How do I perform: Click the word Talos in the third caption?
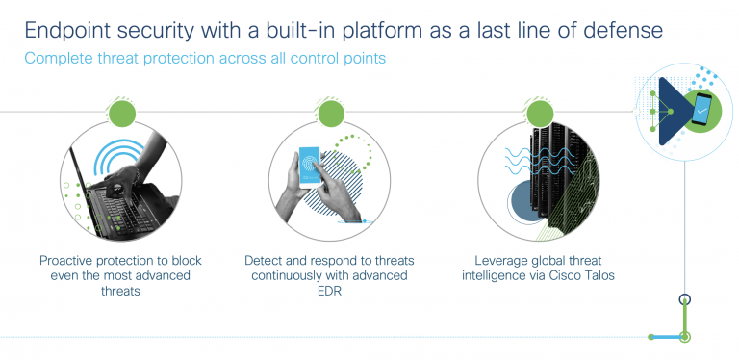[592, 275]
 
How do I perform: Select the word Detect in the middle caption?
[266, 260]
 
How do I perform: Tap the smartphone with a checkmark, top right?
[702, 111]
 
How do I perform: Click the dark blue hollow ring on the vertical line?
[684, 299]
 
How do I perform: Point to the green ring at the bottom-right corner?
[684, 337]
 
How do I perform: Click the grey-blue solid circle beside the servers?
[525, 201]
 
